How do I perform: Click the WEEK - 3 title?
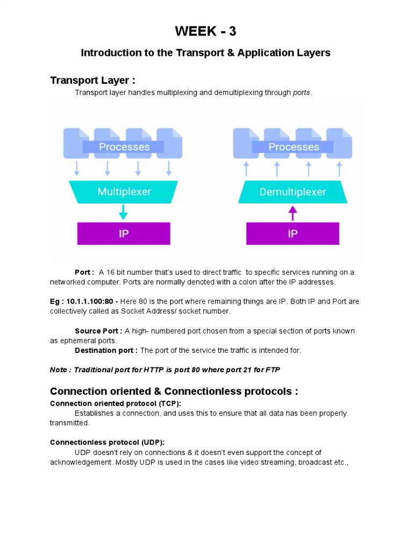205,32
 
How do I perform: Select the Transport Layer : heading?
92,81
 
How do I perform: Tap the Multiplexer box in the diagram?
124,192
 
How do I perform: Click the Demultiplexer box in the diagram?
293,192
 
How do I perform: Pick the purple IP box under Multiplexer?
124,234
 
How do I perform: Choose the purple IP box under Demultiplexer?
293,234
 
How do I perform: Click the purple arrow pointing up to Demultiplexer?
293,213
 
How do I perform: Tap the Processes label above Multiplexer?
124,147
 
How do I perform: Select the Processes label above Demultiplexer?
294,147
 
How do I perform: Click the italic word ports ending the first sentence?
301,93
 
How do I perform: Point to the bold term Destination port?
105,350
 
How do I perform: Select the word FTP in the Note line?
272,370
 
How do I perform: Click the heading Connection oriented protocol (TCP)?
116,403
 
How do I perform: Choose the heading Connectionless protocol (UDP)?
108,443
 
